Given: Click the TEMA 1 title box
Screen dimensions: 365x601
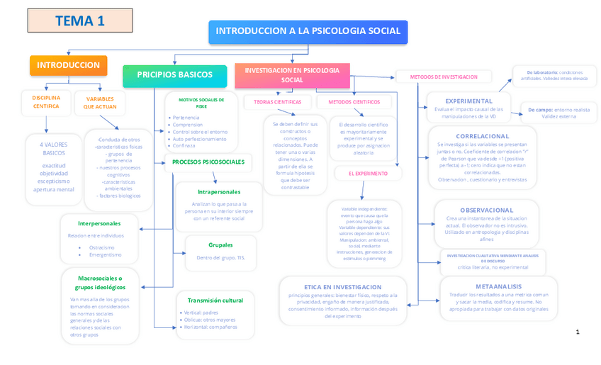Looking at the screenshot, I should tap(80, 21).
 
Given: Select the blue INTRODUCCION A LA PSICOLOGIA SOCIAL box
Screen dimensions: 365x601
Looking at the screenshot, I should tap(308, 31).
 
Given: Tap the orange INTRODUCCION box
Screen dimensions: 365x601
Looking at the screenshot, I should tap(68, 65).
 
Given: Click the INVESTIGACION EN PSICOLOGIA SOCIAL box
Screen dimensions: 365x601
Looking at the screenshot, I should tap(292, 75).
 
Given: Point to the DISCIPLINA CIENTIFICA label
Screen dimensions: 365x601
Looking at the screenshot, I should tap(46, 101).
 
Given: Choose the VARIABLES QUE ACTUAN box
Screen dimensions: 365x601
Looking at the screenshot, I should tap(100, 103).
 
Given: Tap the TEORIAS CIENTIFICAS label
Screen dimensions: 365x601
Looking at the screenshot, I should tap(273, 102).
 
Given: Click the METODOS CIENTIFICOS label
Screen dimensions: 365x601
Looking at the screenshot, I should tap(354, 102).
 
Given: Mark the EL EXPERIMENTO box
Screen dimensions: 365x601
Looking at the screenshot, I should tap(368, 173).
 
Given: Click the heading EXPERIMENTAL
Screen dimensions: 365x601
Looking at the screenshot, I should tap(468, 101).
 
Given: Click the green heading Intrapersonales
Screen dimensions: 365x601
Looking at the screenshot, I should tap(218, 191).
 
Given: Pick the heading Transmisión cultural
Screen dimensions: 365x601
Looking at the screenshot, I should tap(215, 301).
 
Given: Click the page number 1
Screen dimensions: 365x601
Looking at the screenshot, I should tap(578, 332).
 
